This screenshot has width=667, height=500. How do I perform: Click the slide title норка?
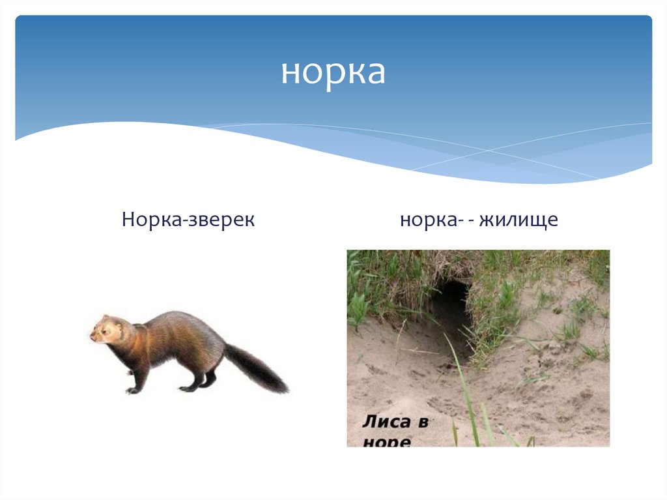[333, 73]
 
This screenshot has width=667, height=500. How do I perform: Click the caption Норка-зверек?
[188, 220]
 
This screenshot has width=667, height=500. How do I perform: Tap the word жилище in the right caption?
[518, 220]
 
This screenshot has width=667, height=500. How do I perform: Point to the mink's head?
[107, 329]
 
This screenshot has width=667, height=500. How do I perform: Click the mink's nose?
[92, 336]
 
